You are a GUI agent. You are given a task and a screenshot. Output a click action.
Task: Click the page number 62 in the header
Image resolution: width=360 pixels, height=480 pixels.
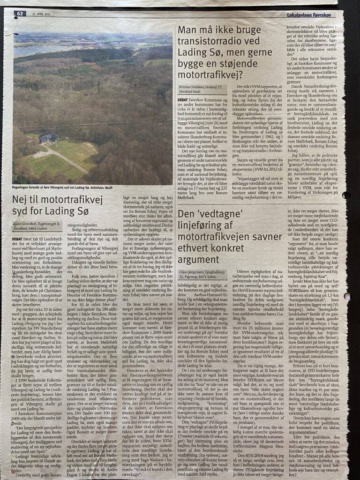pos(20,14)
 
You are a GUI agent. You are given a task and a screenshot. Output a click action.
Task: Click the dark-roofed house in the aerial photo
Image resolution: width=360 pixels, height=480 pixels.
pos(49,138)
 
